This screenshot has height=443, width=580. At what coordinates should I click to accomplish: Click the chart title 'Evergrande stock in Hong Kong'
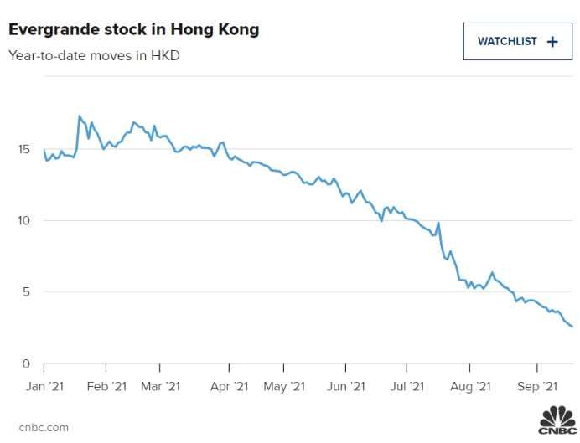click(134, 29)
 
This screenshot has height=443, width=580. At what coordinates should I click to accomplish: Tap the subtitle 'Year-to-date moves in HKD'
click(94, 56)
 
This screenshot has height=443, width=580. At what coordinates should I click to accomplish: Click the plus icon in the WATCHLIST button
click(552, 41)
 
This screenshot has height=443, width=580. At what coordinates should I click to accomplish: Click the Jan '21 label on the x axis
click(46, 386)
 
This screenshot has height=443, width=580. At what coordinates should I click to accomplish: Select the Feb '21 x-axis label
click(106, 386)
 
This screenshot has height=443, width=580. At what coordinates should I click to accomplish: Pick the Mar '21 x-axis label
click(161, 386)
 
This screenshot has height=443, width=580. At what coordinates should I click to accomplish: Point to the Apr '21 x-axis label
click(229, 386)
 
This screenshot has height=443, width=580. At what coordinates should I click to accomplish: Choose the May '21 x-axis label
click(286, 386)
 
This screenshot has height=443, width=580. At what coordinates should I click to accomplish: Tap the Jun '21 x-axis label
click(345, 386)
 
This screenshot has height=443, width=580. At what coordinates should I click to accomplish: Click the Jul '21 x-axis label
click(407, 386)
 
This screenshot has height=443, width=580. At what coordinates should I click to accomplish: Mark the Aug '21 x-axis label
click(470, 386)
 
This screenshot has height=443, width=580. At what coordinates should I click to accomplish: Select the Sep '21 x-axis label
click(536, 386)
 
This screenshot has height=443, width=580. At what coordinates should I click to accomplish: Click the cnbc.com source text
click(43, 428)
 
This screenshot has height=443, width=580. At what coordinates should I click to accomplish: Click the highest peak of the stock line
click(79, 116)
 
